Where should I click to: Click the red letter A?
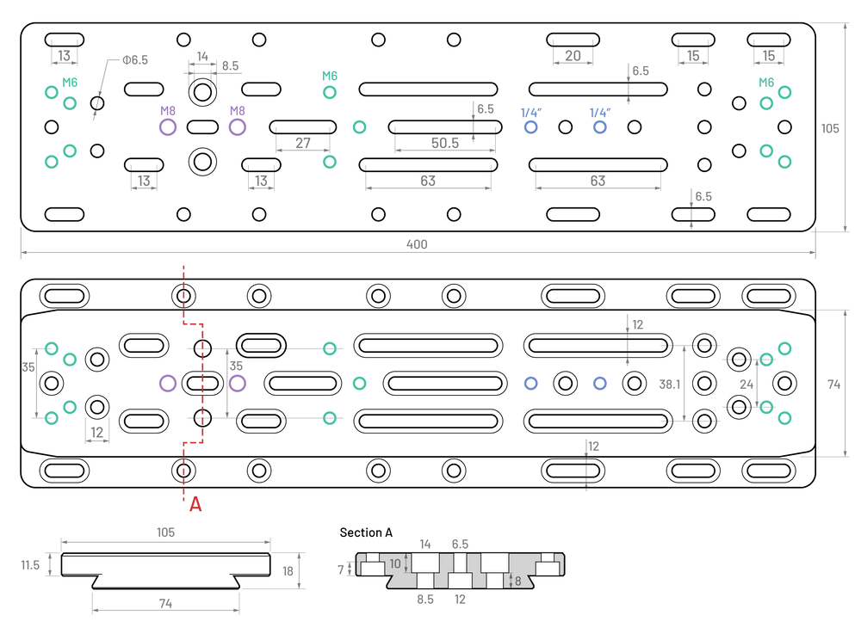tap(195, 504)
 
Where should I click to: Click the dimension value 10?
tap(395, 564)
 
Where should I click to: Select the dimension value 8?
tap(517, 582)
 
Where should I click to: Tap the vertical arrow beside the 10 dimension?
tap(406, 563)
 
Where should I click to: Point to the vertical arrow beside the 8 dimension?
tap(510, 581)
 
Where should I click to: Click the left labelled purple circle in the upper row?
tap(168, 127)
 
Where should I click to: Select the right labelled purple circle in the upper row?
tap(238, 127)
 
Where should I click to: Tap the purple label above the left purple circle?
tap(168, 110)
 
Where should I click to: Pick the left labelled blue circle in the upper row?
tap(530, 127)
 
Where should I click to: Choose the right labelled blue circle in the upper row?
tap(600, 127)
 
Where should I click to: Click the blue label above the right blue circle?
tap(600, 111)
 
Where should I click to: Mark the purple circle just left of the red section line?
tap(168, 383)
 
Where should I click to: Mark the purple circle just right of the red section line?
tap(238, 383)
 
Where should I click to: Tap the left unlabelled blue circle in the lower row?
tap(530, 383)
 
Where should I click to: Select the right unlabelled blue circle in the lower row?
tap(600, 383)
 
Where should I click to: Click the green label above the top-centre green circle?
tap(330, 75)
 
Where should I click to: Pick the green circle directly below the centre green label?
tap(330, 92)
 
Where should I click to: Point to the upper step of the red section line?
tap(194, 323)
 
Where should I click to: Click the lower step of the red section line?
tap(194, 442)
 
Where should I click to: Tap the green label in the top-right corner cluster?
tap(765, 82)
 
